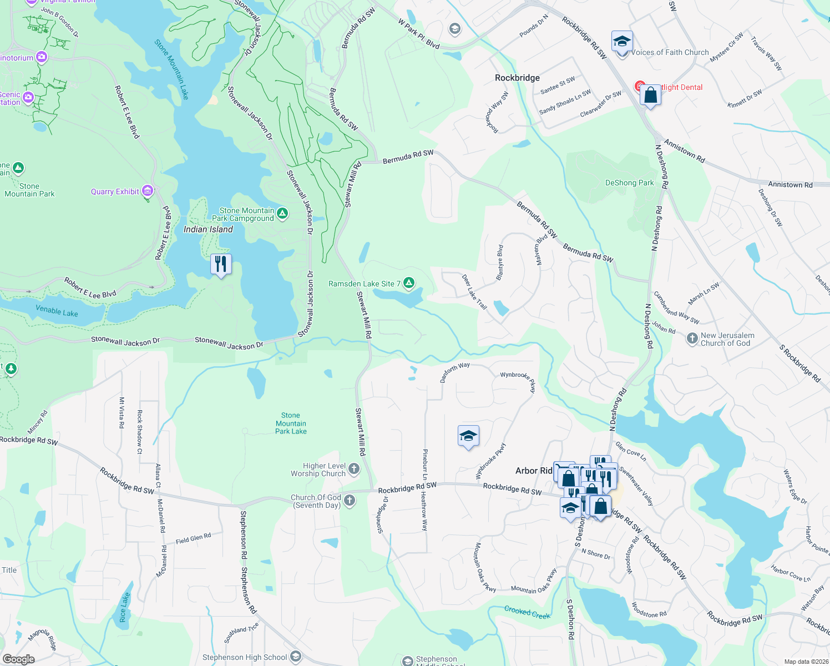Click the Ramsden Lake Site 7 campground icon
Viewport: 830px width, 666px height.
[x=409, y=284]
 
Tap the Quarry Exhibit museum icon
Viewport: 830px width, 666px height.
[x=148, y=191]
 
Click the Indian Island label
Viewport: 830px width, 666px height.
[x=208, y=229]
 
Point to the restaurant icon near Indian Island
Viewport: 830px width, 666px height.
[x=221, y=264]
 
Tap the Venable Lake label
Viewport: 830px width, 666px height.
[x=57, y=311]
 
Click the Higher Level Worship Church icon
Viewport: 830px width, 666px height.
[x=353, y=470]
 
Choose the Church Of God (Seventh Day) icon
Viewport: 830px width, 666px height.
[x=349, y=501]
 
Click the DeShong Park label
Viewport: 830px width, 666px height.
[x=629, y=183]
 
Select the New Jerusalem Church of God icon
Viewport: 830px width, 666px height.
[x=692, y=339]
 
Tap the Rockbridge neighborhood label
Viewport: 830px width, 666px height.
[x=517, y=78]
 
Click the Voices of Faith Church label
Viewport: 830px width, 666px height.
[x=670, y=52]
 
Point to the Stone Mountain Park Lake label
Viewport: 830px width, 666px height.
[x=291, y=423]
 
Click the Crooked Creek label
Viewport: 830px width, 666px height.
[x=527, y=612]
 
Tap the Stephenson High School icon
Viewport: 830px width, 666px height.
[x=296, y=657]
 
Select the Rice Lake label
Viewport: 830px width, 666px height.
[x=124, y=607]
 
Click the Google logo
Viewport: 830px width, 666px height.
[x=19, y=659]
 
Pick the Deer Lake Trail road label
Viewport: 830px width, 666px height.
[x=474, y=291]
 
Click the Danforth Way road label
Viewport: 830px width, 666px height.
[x=455, y=372]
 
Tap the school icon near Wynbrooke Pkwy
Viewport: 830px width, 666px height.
[x=468, y=436]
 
